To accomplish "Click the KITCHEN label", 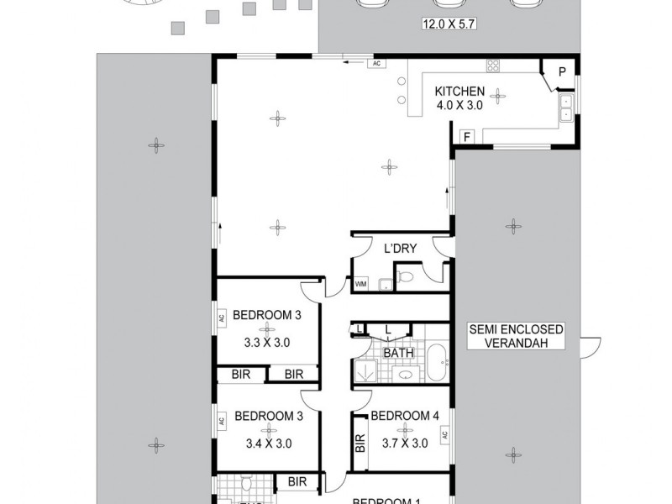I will [x=459, y=92].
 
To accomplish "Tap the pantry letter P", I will [x=560, y=71].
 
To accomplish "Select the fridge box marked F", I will [x=465, y=136].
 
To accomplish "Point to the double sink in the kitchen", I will [x=566, y=108].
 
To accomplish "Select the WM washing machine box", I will [x=361, y=285].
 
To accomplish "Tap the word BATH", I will [x=397, y=354].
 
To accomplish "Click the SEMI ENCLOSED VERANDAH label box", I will [x=517, y=336].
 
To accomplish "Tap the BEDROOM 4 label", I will [x=404, y=415].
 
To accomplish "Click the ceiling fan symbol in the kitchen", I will [x=499, y=94].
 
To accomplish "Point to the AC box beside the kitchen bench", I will [x=377, y=63].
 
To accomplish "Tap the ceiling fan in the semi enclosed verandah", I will [x=512, y=224].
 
